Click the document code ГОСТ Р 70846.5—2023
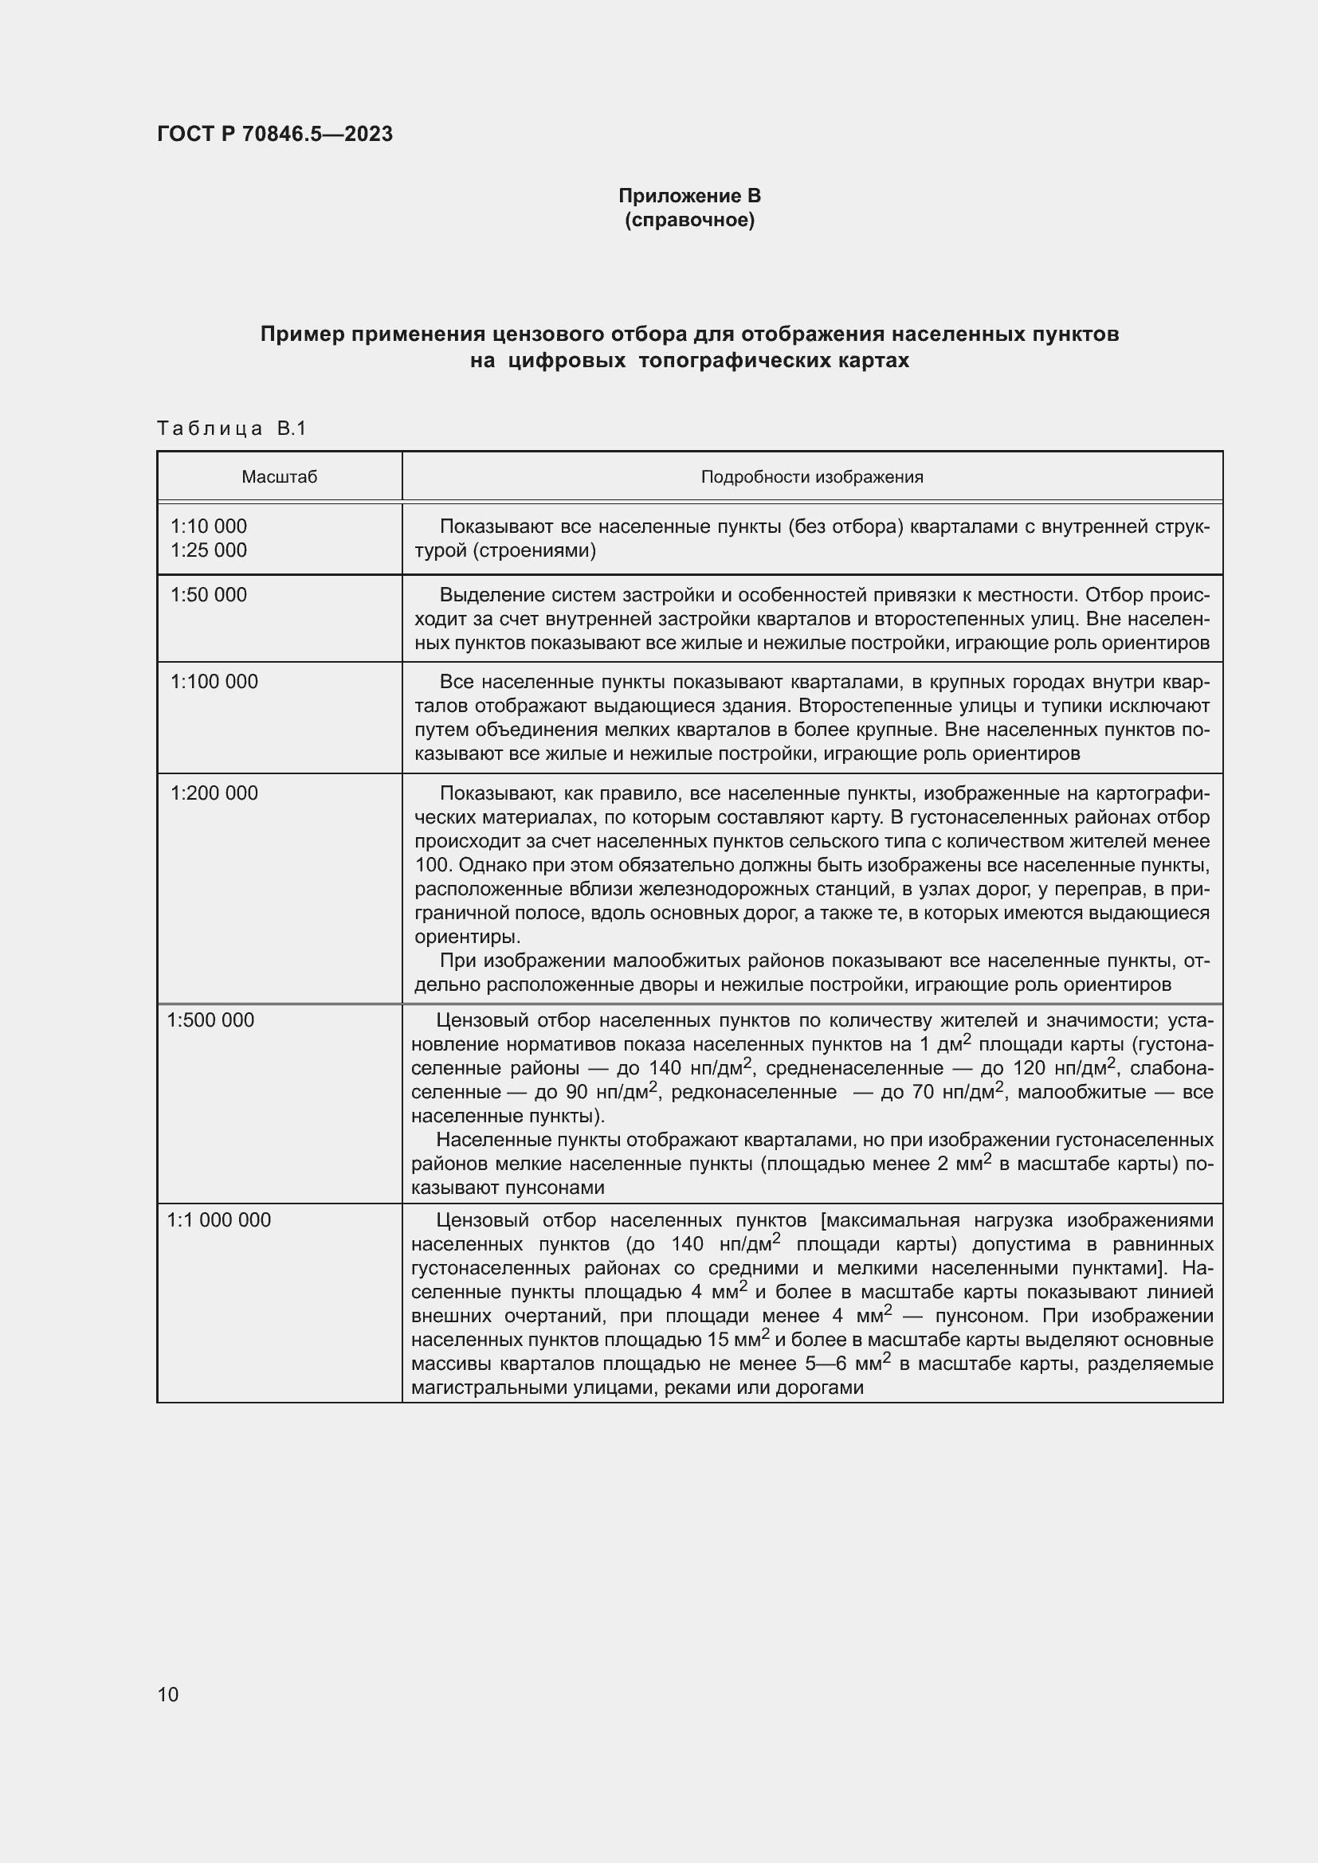(274, 134)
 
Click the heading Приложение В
(689, 196)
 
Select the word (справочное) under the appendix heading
(689, 220)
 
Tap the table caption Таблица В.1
(231, 429)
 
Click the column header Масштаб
(279, 477)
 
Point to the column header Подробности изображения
(811, 477)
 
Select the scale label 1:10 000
(209, 526)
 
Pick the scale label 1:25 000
(209, 550)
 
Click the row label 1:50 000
(209, 595)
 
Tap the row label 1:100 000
(214, 682)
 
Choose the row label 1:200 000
(214, 793)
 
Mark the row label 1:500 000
(211, 1020)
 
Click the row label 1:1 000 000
(219, 1219)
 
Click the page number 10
(168, 1694)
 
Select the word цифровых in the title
(567, 360)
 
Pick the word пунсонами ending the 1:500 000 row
(555, 1188)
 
